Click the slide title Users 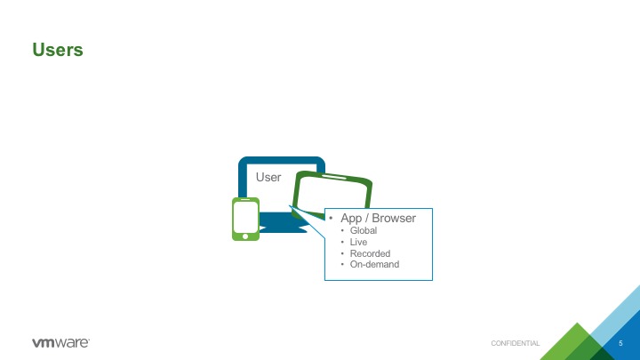[x=58, y=50]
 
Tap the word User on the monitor [x=268, y=177]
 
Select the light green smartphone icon [x=245, y=220]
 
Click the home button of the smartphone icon [x=245, y=236]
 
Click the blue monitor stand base [x=282, y=229]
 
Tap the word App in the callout [x=351, y=219]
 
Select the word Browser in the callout [x=394, y=218]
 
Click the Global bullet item [x=364, y=230]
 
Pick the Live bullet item [x=358, y=242]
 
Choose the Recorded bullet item [x=370, y=253]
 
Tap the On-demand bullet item [x=374, y=265]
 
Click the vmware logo [x=60, y=342]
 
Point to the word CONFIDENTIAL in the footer [x=515, y=343]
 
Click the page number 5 [x=620, y=343]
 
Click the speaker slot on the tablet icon [x=334, y=177]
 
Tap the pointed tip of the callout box [x=290, y=205]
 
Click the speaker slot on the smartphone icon [x=245, y=200]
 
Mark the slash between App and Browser [x=366, y=219]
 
